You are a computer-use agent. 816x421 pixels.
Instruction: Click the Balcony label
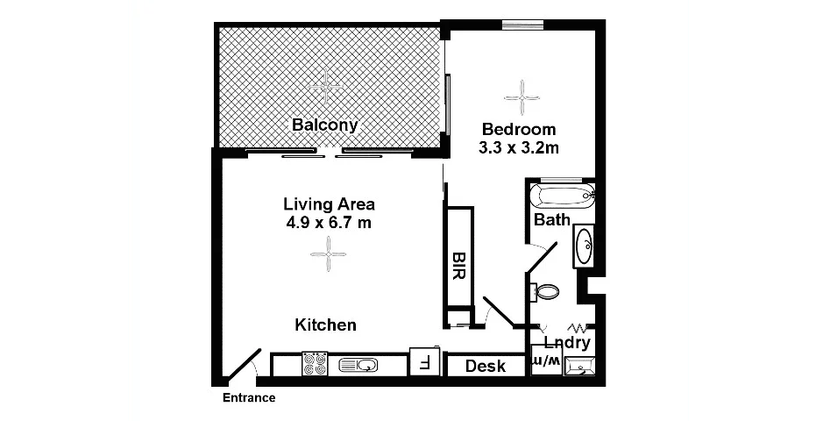324,125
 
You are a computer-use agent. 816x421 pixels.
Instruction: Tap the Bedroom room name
518,128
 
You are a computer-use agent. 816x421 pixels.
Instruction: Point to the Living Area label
329,204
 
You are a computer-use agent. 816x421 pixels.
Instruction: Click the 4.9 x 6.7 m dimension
329,224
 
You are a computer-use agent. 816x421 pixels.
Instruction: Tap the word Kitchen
325,325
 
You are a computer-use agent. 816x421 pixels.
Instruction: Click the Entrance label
248,397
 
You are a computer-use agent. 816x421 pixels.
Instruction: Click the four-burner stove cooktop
315,364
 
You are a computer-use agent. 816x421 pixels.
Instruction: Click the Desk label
485,366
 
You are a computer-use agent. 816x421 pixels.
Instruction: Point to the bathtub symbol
562,194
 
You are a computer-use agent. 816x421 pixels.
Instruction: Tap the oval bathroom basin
584,246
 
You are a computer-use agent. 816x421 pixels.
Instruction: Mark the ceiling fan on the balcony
328,84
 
